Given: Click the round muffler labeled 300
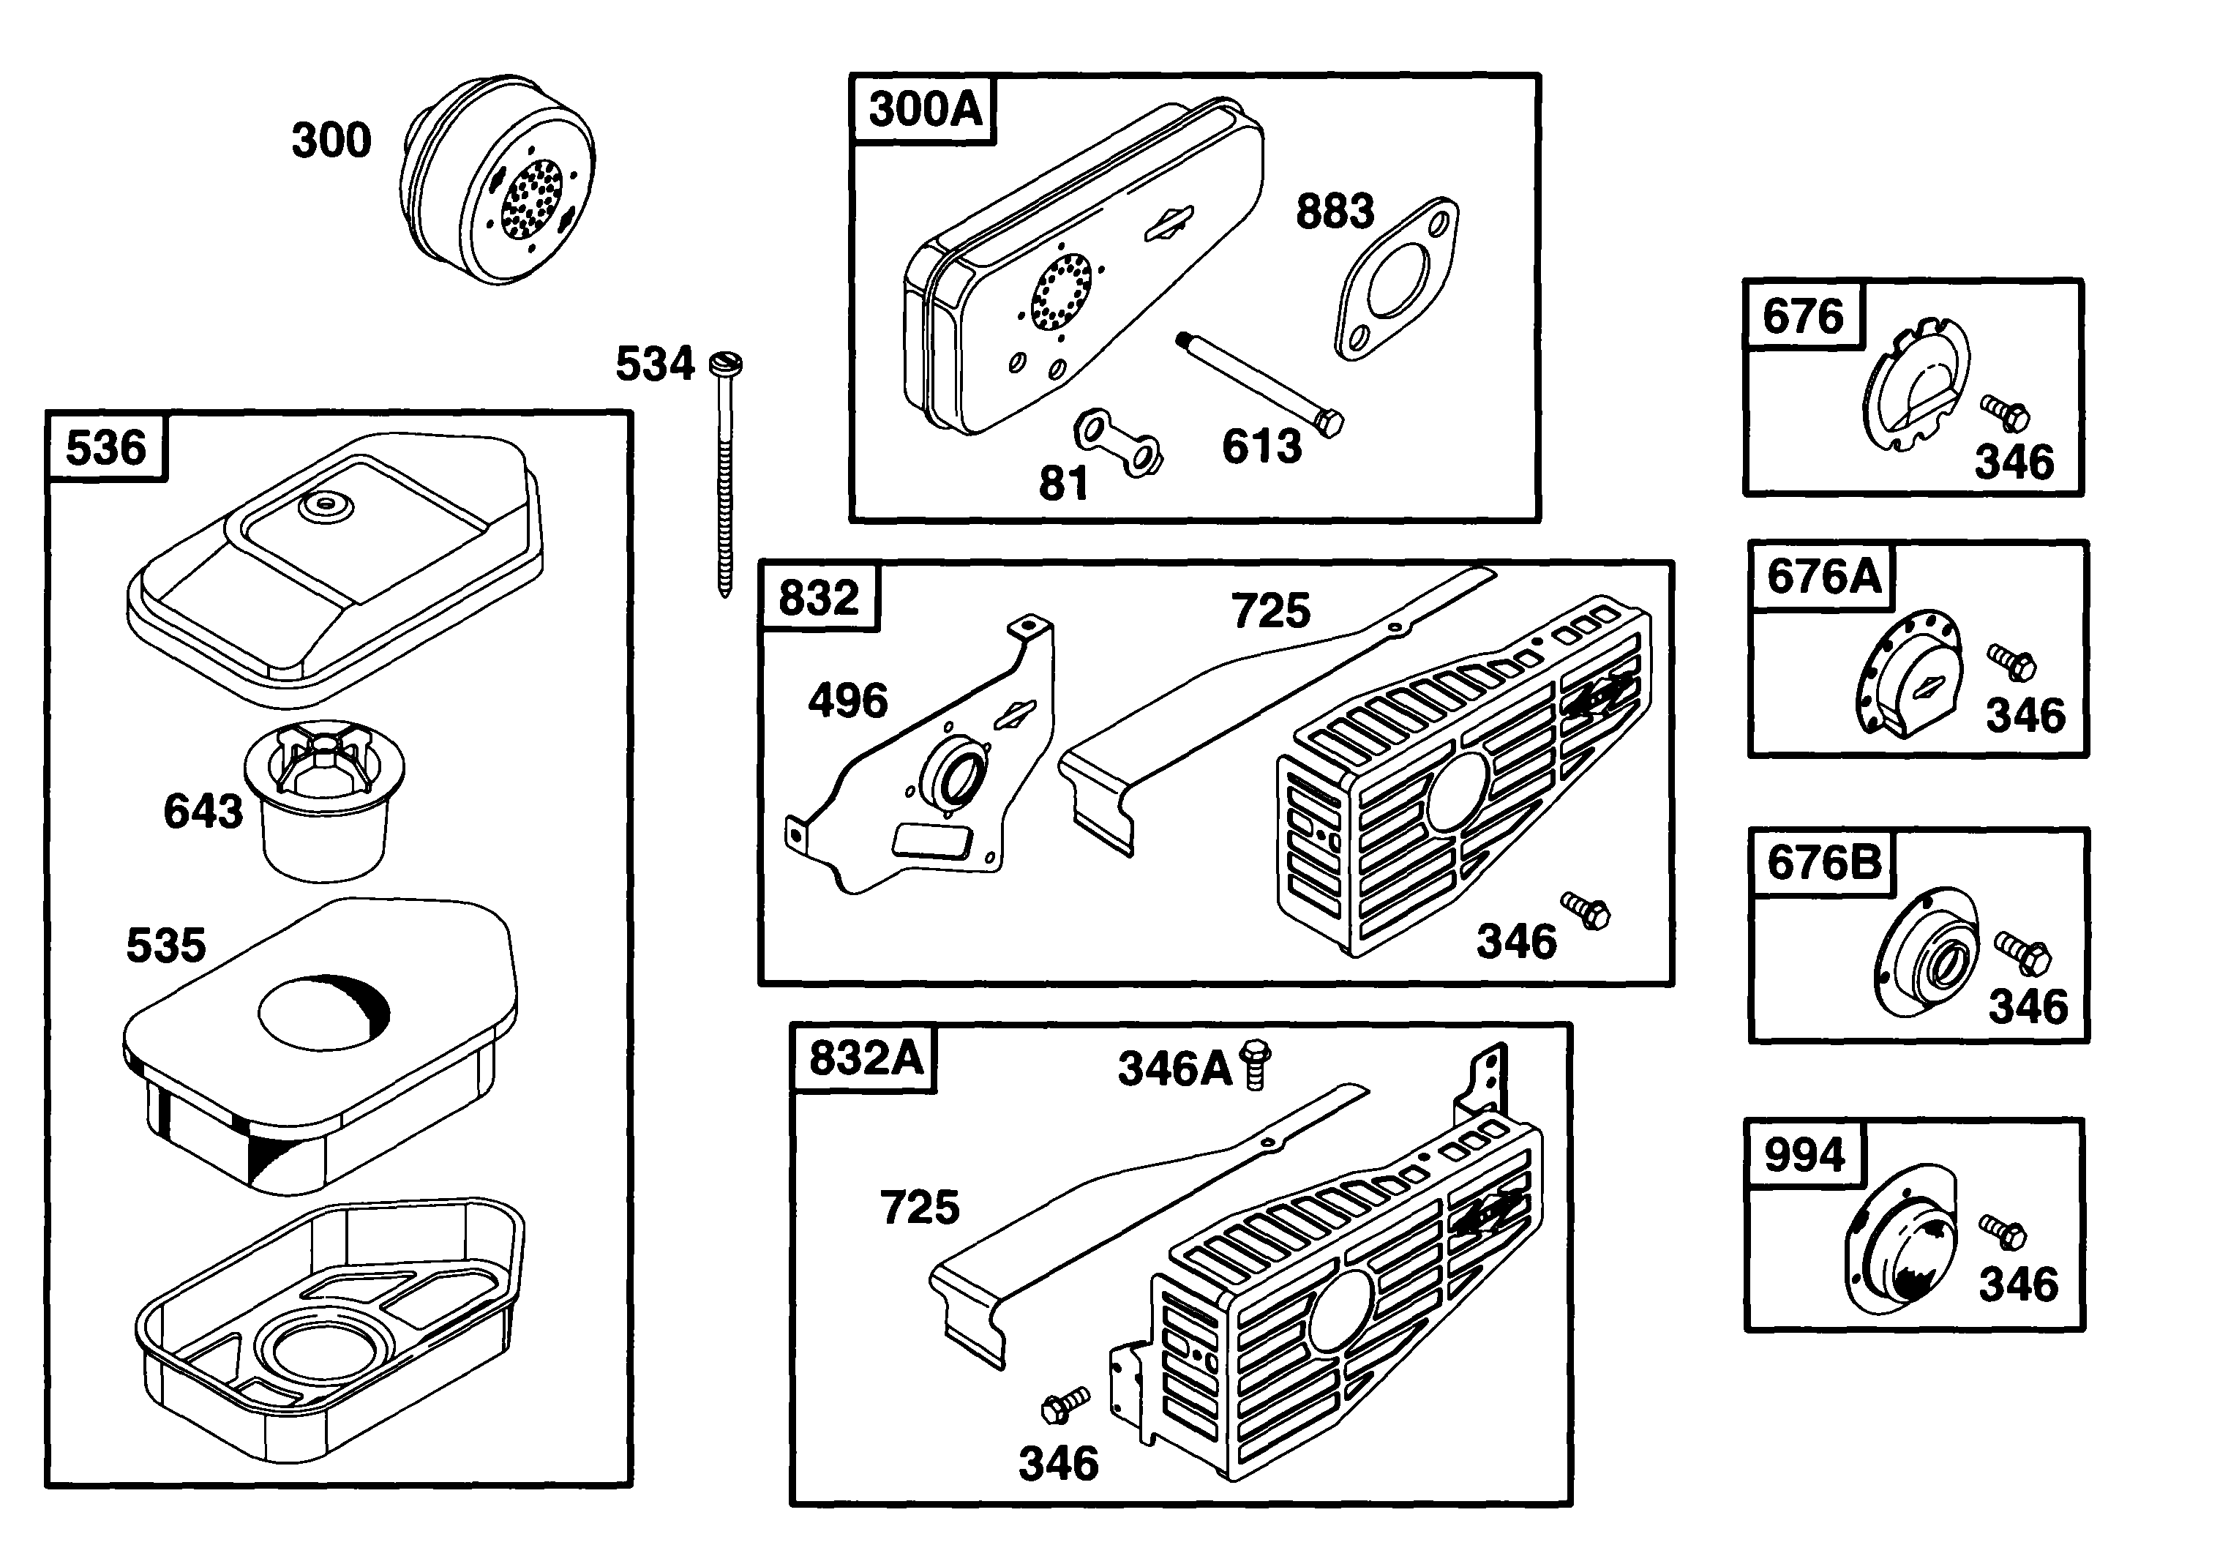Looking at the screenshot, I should [x=497, y=180].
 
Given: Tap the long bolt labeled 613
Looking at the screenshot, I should [x=1261, y=384].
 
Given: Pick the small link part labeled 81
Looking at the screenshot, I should [x=1117, y=443].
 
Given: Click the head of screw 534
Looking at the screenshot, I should [x=726, y=364].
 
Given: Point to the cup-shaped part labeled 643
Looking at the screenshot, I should [x=325, y=799].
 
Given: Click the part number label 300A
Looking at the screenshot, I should [x=924, y=108].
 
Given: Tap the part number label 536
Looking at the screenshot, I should [x=105, y=447].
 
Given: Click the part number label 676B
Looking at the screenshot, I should [x=1823, y=862].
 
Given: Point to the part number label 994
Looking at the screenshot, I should [x=1804, y=1154].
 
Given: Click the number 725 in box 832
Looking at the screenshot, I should [x=1270, y=611].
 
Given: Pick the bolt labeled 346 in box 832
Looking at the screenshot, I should [x=1586, y=910].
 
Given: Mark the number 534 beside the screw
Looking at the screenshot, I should [x=654, y=364].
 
